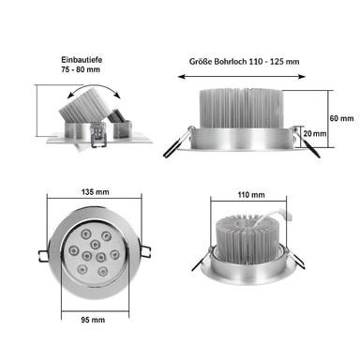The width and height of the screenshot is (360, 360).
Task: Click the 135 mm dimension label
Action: [95, 192]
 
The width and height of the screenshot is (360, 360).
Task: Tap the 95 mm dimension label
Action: [93, 320]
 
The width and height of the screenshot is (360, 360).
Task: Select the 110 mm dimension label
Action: [251, 195]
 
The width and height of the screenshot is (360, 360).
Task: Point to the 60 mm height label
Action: [341, 118]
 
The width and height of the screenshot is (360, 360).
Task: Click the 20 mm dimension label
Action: [315, 133]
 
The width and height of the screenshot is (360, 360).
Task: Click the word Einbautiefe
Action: [82, 59]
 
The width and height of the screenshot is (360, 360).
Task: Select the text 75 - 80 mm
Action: [81, 69]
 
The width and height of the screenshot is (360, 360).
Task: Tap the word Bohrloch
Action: [231, 61]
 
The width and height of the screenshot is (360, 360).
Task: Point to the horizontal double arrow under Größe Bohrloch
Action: [242, 77]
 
